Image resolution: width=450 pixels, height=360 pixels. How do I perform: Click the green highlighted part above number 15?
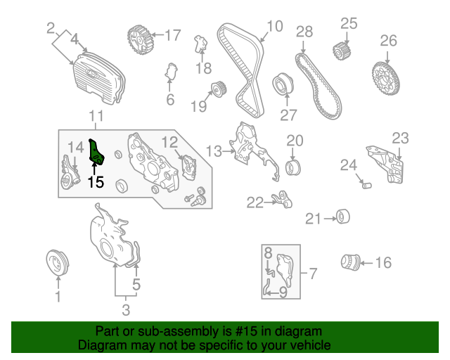click(x=96, y=152)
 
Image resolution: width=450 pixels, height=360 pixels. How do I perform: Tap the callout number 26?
click(x=388, y=41)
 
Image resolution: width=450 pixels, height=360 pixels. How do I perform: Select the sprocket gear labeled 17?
click(x=141, y=39)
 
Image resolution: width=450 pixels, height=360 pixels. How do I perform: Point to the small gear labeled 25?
click(x=342, y=51)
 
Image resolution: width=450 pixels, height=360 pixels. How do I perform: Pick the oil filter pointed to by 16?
click(x=350, y=262)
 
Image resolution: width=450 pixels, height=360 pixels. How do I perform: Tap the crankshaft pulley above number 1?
click(x=58, y=263)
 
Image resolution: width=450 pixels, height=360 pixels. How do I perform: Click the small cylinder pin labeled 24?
click(x=367, y=186)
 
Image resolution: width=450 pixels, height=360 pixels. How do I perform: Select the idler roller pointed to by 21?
click(x=343, y=217)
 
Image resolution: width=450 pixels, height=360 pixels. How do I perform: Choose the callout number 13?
click(x=214, y=151)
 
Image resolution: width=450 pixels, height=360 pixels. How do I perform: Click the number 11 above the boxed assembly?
click(x=96, y=116)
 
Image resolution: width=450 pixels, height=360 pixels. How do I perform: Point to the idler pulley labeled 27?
click(x=283, y=84)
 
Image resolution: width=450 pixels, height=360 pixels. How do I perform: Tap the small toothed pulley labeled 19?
click(x=219, y=89)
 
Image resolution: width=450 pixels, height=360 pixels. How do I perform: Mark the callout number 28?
click(x=304, y=32)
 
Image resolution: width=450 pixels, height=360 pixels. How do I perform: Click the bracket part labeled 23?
click(x=385, y=165)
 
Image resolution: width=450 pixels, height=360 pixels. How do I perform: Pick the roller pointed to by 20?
click(x=292, y=168)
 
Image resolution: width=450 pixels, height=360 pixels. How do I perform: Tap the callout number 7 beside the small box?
click(x=313, y=274)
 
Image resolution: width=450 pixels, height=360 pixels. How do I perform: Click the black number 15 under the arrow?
click(x=96, y=182)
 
